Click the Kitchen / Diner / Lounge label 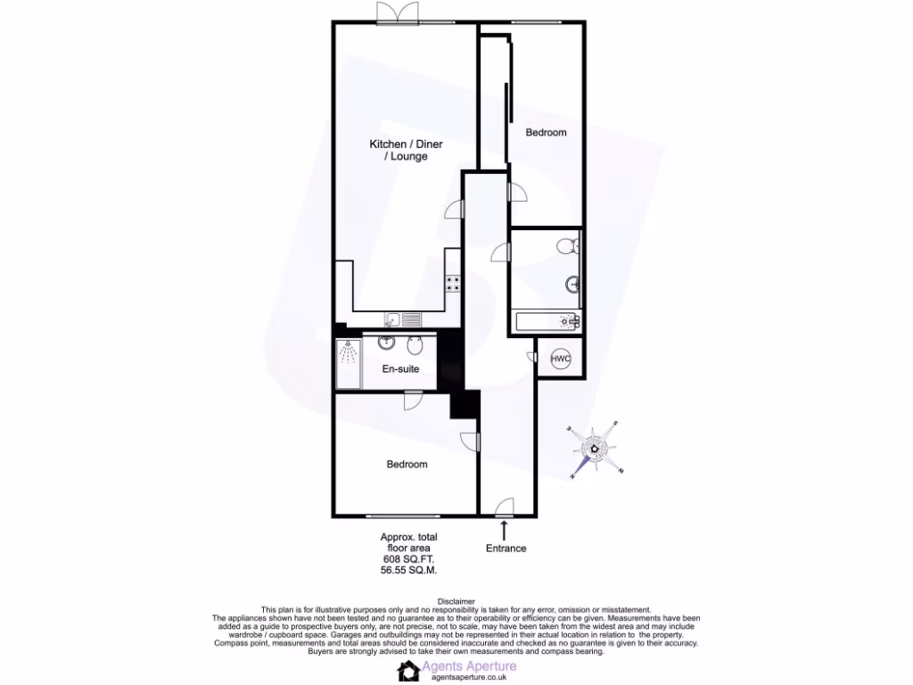coord(407,150)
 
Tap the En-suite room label coord(400,369)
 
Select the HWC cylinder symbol coord(560,359)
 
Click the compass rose coord(596,450)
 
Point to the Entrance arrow coord(506,530)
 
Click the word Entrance coord(506,549)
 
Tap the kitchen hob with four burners coord(453,284)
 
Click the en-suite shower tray coord(349,363)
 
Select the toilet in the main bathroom coord(564,245)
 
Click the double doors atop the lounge coord(396,13)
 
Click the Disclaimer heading coord(456,602)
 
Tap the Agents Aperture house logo coord(409,671)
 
